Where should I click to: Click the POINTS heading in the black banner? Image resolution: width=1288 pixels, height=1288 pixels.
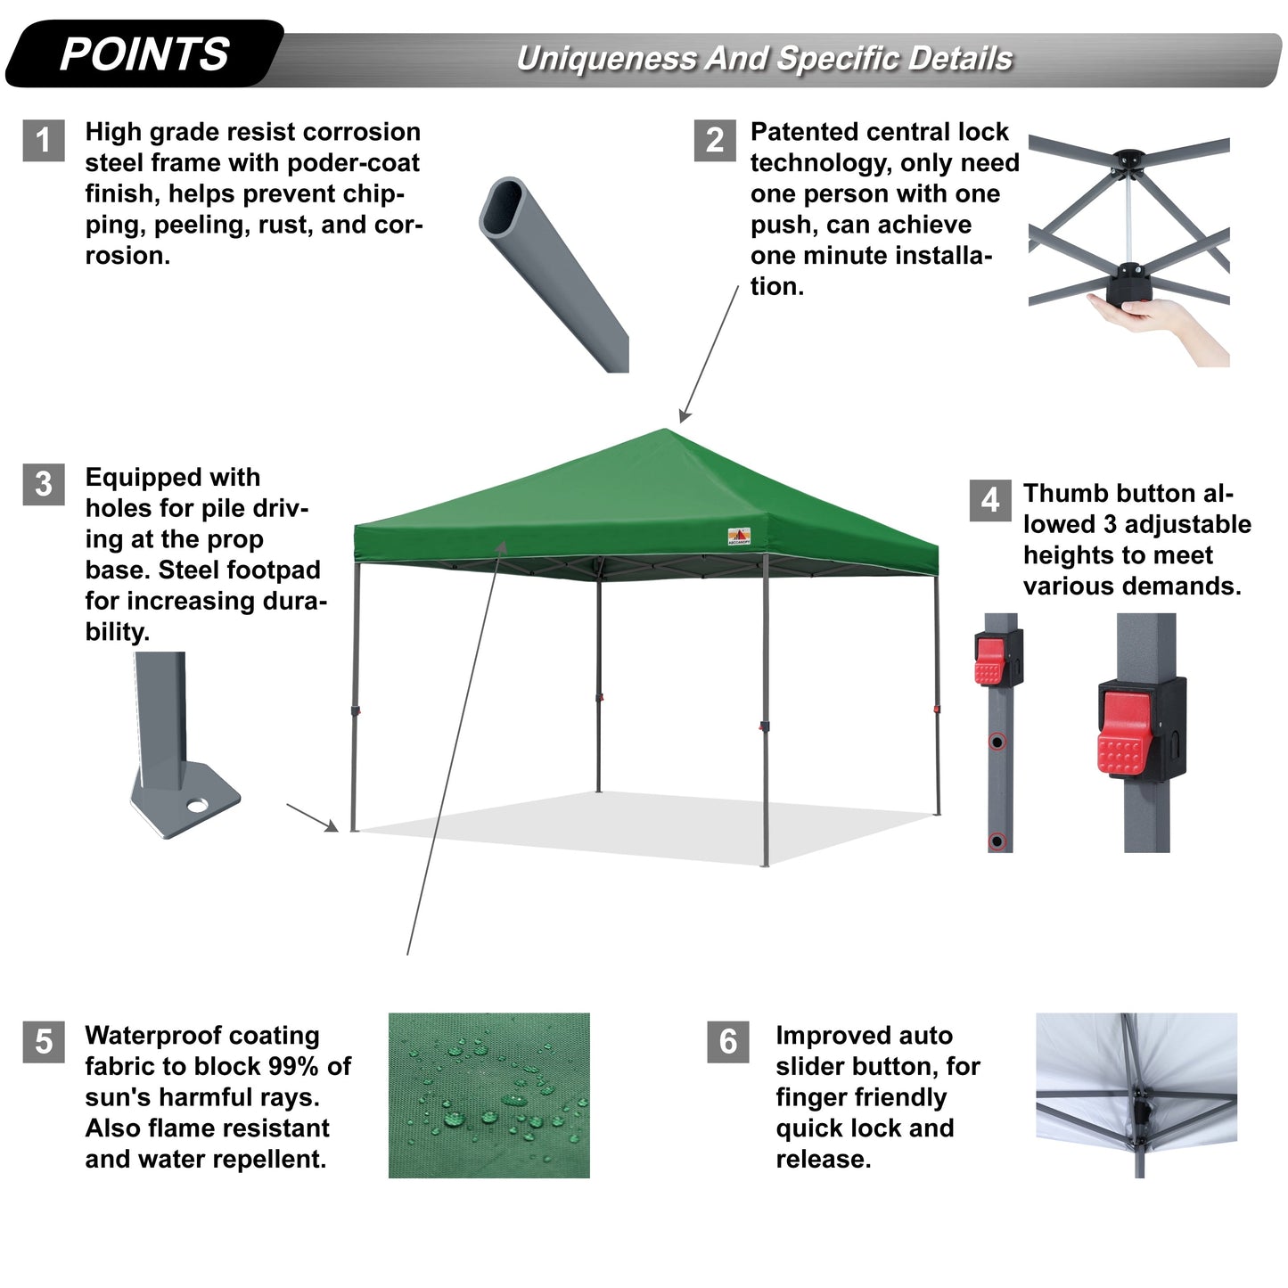pyautogui.click(x=144, y=54)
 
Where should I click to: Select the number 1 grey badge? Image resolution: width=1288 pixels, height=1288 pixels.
pyautogui.click(x=43, y=141)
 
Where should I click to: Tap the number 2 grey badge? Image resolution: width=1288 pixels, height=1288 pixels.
pyautogui.click(x=715, y=141)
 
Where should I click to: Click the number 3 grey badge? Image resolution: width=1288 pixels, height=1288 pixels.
pyautogui.click(x=43, y=484)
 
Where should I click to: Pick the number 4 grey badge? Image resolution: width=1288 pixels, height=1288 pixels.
pyautogui.click(x=989, y=500)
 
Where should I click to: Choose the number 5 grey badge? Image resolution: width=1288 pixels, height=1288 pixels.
pyautogui.click(x=43, y=1042)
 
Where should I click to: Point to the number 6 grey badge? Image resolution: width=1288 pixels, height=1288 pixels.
pyautogui.click(x=728, y=1042)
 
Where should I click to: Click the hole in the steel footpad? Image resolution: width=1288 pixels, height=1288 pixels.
pyautogui.click(x=197, y=805)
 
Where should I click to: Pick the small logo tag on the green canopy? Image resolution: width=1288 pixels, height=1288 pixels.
pyautogui.click(x=738, y=537)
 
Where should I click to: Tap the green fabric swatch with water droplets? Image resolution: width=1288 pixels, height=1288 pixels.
pyautogui.click(x=488, y=1095)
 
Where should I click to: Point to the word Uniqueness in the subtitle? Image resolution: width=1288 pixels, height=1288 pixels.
pyautogui.click(x=606, y=59)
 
